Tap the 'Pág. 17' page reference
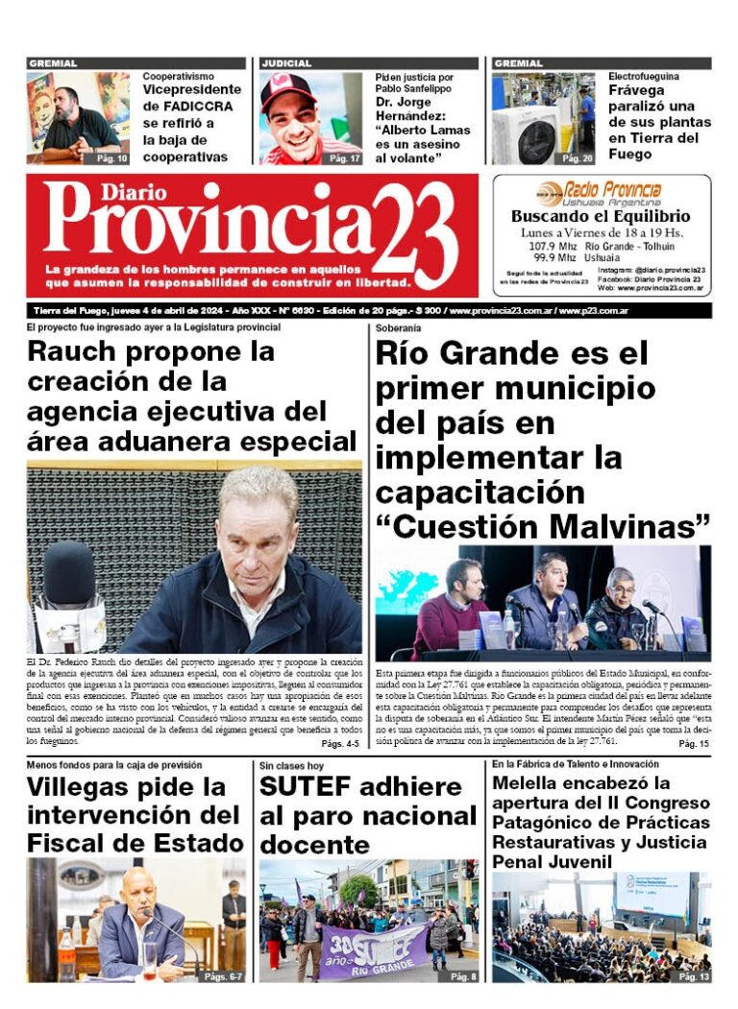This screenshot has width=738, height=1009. pos(345,158)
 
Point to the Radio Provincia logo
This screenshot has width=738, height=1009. pos(600,191)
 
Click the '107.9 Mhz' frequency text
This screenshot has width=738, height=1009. pos(552,247)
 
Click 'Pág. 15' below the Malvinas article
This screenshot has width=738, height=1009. pos(693,744)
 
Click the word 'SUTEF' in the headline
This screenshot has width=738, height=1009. pos(307,788)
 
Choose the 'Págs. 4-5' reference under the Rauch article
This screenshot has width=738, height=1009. pos(340,744)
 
